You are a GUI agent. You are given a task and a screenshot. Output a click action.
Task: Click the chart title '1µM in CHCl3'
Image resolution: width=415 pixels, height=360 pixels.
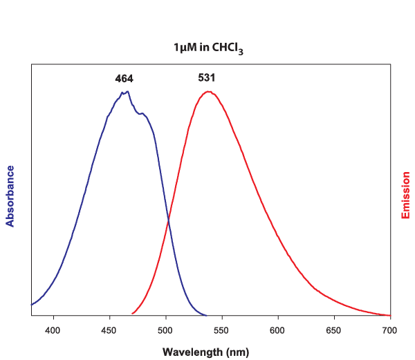tap(207, 48)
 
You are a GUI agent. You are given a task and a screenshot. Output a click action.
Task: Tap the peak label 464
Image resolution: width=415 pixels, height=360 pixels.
tap(124, 79)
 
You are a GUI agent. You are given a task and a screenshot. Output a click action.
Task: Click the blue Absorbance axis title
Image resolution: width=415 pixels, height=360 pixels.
tap(10, 196)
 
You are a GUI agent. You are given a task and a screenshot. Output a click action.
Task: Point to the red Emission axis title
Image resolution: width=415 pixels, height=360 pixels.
tap(406, 196)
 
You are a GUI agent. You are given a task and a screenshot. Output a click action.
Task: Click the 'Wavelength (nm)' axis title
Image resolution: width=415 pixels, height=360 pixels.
tap(205, 352)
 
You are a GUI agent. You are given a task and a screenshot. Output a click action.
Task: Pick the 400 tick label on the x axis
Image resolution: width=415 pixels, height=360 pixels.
tap(53, 330)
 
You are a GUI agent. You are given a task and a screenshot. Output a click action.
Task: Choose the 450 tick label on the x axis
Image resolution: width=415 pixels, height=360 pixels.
tap(109, 330)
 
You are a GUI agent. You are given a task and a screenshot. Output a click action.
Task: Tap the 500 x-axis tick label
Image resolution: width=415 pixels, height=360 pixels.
tap(165, 330)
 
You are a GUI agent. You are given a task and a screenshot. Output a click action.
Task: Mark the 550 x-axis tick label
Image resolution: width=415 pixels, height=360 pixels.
tap(221, 330)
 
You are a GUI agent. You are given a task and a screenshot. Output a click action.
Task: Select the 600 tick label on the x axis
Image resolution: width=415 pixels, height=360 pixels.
tap(277, 330)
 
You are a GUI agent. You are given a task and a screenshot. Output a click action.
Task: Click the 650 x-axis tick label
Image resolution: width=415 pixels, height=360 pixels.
tap(333, 330)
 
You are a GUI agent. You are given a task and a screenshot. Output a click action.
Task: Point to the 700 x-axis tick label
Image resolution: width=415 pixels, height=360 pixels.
tap(389, 330)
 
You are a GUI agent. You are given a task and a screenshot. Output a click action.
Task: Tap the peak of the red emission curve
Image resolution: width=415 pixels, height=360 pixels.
tap(208, 92)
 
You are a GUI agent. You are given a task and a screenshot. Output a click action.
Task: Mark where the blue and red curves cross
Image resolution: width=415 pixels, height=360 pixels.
tap(168, 220)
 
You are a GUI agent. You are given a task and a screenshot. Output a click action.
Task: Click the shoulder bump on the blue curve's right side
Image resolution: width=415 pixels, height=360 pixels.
tap(144, 113)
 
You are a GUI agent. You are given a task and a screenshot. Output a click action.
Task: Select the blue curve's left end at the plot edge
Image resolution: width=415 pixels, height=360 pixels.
tap(32, 304)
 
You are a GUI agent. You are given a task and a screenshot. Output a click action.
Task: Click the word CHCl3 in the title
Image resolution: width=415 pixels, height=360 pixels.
tap(227, 48)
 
